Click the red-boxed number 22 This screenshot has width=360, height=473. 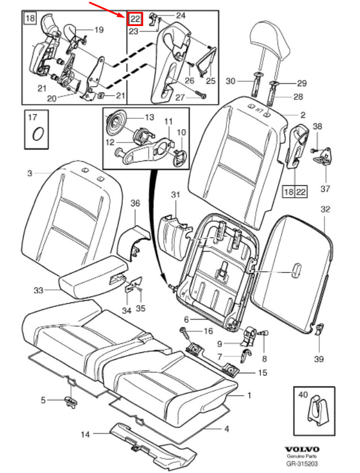tap(135, 18)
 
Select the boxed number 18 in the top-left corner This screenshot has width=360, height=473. tap(30, 18)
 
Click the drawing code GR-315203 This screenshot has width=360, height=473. tap(302, 464)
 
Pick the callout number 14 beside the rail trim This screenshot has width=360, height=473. tap(85, 434)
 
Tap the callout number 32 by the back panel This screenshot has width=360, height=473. tap(325, 209)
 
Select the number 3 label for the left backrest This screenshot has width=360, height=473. tap(29, 173)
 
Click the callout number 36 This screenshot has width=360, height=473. tap(135, 203)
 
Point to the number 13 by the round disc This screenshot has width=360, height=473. tap(149, 117)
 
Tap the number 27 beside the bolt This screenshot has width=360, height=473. tap(180, 97)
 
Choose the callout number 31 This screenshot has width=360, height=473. tap(175, 195)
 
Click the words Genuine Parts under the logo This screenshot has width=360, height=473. tap(302, 457)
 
